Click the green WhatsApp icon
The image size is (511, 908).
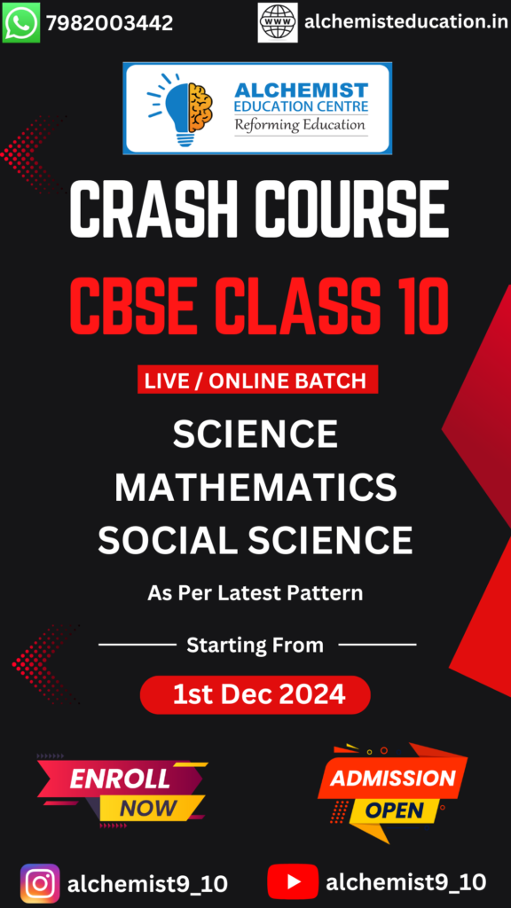point(21,22)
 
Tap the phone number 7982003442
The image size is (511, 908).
point(109,23)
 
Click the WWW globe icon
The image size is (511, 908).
point(278,22)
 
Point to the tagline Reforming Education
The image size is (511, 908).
point(300,124)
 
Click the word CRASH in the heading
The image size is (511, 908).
point(153,208)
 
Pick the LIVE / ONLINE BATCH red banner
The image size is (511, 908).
point(257,380)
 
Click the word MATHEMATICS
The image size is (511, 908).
point(255,488)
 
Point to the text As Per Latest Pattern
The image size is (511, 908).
point(255,593)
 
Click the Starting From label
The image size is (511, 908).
point(255,646)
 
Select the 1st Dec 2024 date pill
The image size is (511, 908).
point(255,695)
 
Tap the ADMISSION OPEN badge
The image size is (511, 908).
point(393,792)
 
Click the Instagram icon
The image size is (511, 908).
point(40,884)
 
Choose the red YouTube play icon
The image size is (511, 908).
point(293,882)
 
